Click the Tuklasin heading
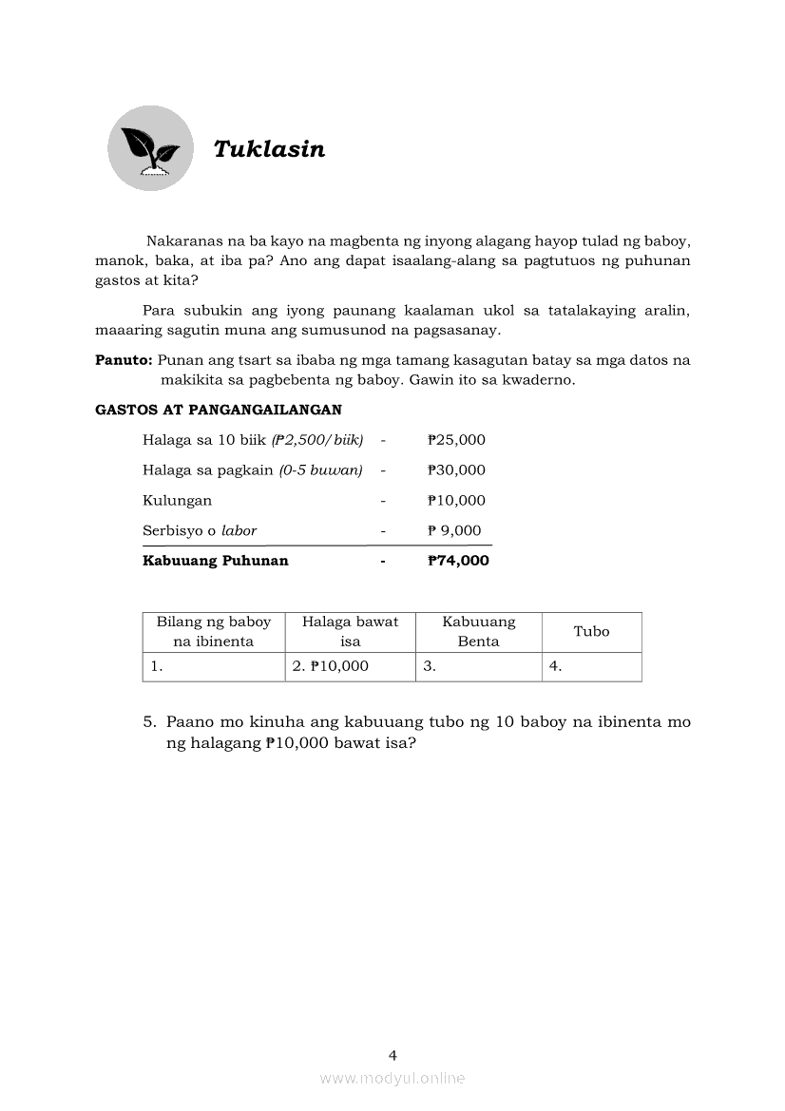(x=269, y=149)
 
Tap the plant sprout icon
(x=150, y=148)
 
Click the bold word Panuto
(x=124, y=360)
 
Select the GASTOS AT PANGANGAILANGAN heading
(x=219, y=410)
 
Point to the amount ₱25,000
(x=456, y=439)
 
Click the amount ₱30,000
(x=456, y=469)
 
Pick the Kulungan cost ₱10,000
(x=456, y=500)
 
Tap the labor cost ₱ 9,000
(x=454, y=530)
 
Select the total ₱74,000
(x=458, y=561)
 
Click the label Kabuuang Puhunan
(x=215, y=561)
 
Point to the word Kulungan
(x=177, y=500)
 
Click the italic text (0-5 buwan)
(x=320, y=469)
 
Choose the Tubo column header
(x=591, y=631)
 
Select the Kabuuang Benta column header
(x=478, y=631)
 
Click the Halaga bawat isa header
(x=350, y=631)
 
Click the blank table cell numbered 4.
(x=591, y=666)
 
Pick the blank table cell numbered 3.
(x=478, y=666)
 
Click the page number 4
(x=392, y=1054)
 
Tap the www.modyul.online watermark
(x=392, y=1078)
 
